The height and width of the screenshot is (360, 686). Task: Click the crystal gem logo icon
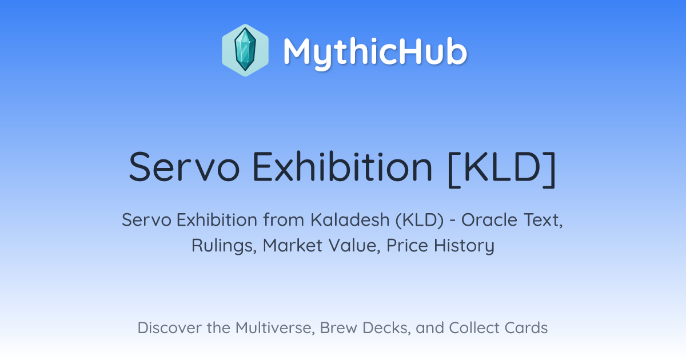pos(245,50)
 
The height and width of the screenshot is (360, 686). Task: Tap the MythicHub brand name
pos(375,53)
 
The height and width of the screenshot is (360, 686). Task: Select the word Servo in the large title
pos(184,167)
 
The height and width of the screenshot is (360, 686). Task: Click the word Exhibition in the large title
pos(342,167)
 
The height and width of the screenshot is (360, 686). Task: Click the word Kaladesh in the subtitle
pos(350,220)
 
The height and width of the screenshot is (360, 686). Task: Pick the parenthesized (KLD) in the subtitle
pos(420,220)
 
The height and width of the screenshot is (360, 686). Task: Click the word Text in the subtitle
pos(543,220)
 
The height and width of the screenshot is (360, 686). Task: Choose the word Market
pos(293,245)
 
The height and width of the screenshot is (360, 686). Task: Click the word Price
pos(407,245)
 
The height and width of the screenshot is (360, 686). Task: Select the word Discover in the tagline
pos(169,327)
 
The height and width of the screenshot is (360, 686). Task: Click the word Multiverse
pos(275,328)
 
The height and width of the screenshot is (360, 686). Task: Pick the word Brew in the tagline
pos(338,327)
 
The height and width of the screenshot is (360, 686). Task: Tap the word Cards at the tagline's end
pos(526,327)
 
